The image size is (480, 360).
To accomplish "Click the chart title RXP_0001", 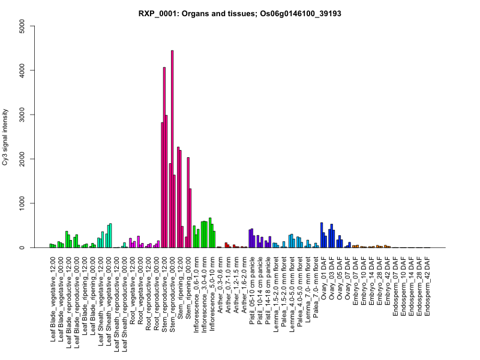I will point(240,13).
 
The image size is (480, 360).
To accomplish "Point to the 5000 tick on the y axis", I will point(22,26).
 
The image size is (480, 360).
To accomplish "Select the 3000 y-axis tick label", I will point(22,115).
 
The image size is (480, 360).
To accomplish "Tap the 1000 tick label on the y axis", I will point(22,203).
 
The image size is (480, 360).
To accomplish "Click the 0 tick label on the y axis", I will point(22,248).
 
